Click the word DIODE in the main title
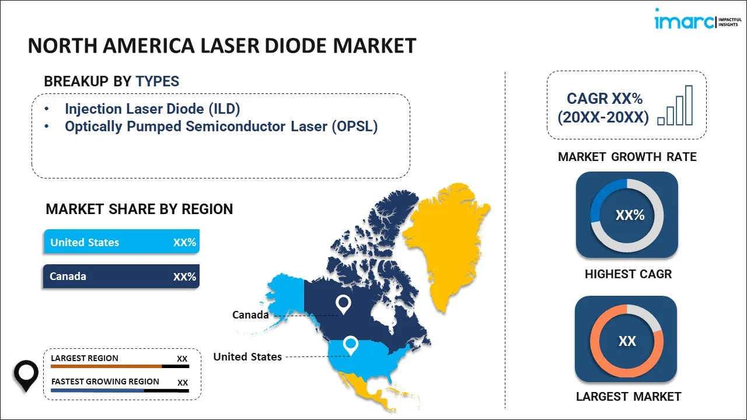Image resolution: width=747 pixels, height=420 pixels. coord(296,45)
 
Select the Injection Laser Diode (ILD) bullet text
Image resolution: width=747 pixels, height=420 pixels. coord(152,109)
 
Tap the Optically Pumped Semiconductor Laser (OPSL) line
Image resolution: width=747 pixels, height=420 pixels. coord(221,127)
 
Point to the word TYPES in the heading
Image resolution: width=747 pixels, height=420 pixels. coord(158,81)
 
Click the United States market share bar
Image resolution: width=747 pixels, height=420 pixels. coord(122,242)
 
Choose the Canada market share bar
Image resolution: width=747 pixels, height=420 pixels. coord(121,276)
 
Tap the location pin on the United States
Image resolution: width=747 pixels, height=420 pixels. coord(351,345)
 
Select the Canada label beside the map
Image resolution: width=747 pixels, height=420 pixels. coord(250,314)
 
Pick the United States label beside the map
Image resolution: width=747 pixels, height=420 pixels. coord(247,356)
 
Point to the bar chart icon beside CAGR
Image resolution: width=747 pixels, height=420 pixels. coord(675,106)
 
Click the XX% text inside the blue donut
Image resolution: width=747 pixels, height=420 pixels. coord(630,215)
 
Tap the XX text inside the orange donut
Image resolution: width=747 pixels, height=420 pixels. coord(627,341)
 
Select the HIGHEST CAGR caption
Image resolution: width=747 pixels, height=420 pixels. coord(629,274)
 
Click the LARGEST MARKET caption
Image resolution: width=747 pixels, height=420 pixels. coord(629,397)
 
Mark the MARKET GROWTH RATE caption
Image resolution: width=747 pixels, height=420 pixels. coord(627,157)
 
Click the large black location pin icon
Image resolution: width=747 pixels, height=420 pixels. coord(26,376)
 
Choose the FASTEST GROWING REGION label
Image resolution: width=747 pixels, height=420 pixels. coord(105,381)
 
